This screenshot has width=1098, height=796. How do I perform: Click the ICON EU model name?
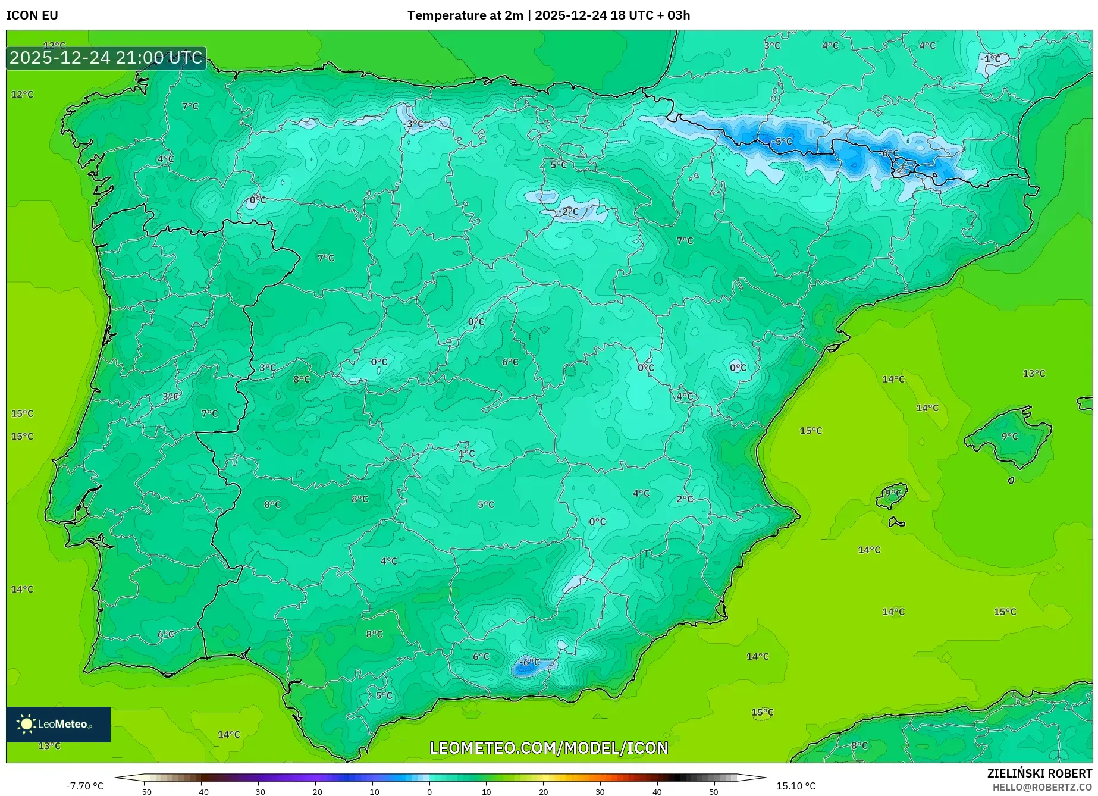[32, 15]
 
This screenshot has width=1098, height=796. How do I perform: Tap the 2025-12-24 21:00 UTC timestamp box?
[106, 58]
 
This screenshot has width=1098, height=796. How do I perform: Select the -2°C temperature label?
[569, 211]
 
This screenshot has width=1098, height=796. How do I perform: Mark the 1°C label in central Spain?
[466, 453]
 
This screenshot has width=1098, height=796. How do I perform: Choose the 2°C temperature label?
[685, 499]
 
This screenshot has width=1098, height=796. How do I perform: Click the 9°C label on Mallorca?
[1009, 436]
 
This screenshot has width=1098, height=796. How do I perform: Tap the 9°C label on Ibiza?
[893, 493]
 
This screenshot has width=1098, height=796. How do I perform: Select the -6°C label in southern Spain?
[529, 662]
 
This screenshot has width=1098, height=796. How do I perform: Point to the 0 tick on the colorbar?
[429, 791]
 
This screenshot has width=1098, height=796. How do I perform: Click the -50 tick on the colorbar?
[145, 791]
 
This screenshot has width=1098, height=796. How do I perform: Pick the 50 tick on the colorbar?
[714, 791]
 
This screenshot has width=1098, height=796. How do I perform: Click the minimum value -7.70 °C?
[84, 786]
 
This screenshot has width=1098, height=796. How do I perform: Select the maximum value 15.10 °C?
[796, 786]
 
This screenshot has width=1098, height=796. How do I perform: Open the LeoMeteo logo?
[58, 724]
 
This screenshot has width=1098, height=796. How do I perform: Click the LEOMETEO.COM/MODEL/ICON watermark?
[548, 748]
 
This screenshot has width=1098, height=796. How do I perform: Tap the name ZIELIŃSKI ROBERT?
[1039, 773]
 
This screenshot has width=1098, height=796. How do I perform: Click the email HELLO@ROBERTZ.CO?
[1041, 787]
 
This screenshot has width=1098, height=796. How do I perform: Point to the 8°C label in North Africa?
[859, 745]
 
